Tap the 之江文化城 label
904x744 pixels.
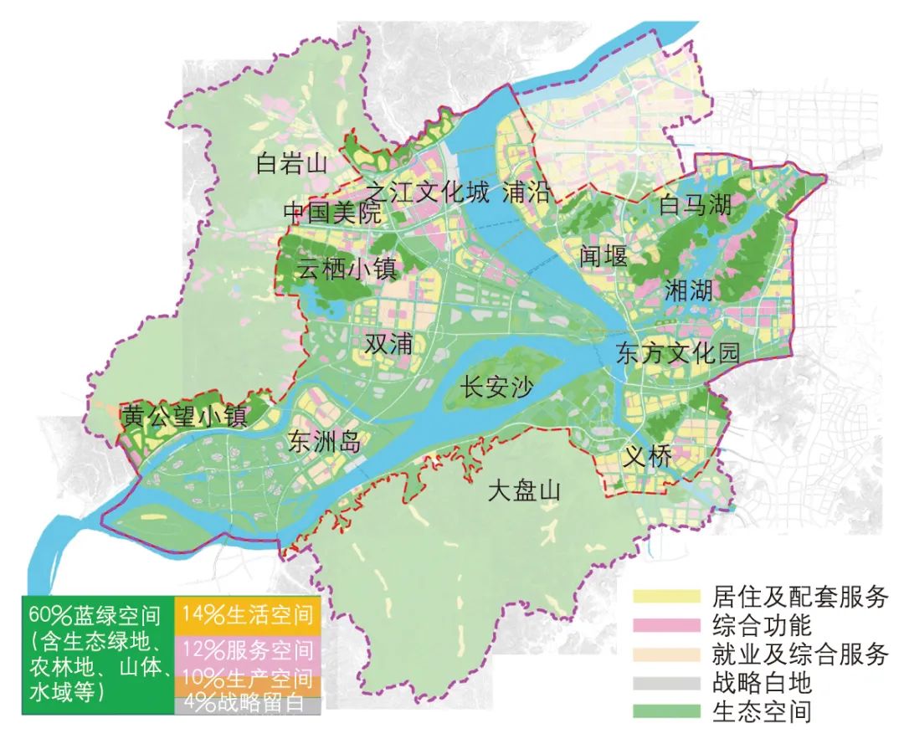pyautogui.click(x=425, y=193)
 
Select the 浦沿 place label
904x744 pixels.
pyautogui.click(x=527, y=193)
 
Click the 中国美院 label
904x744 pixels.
pyautogui.click(x=331, y=213)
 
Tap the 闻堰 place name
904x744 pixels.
pyautogui.click(x=603, y=255)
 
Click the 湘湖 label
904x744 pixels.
pyautogui.click(x=689, y=291)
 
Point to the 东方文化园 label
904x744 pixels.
pyautogui.click(x=678, y=353)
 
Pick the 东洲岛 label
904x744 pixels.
pyautogui.click(x=325, y=441)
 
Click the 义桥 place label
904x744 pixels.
pyautogui.click(x=647, y=457)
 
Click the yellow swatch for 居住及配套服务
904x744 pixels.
pyautogui.click(x=666, y=597)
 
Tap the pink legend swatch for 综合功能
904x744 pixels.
pyautogui.click(x=666, y=625)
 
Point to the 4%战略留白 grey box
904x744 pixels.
pyautogui.click(x=248, y=705)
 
